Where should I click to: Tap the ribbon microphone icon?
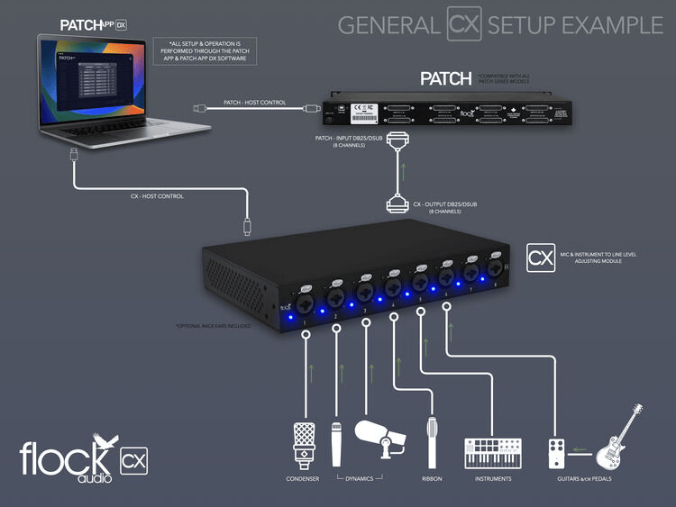click(x=434, y=441)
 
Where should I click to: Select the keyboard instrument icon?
click(x=492, y=453)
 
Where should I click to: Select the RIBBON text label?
click(x=434, y=479)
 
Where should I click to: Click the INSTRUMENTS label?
click(x=492, y=479)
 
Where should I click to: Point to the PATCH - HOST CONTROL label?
click(x=255, y=103)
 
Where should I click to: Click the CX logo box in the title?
click(x=464, y=24)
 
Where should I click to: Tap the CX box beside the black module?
click(x=539, y=258)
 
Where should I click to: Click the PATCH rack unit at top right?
click(x=449, y=113)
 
